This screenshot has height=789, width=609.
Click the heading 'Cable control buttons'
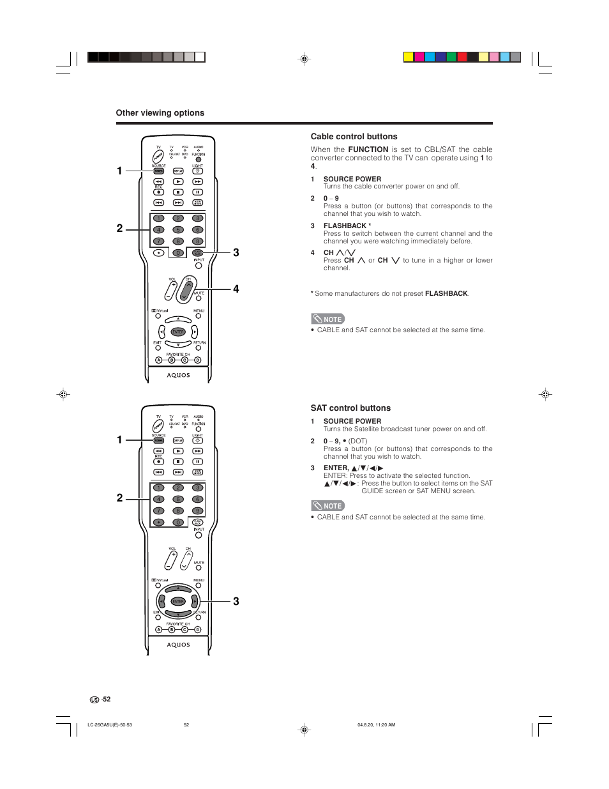(x=354, y=137)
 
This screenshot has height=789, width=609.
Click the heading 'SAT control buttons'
(x=350, y=408)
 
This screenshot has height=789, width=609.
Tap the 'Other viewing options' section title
(x=160, y=113)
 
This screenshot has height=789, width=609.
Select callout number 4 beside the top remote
(x=236, y=289)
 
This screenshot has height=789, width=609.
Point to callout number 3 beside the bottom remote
(x=236, y=602)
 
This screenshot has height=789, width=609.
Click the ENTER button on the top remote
(x=178, y=332)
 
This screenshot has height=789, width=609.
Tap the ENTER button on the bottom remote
(x=178, y=602)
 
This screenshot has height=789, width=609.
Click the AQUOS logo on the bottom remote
(x=179, y=645)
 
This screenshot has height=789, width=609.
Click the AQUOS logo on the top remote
(x=179, y=376)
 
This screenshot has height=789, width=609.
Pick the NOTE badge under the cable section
(x=328, y=319)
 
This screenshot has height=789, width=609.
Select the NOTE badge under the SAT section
(x=328, y=506)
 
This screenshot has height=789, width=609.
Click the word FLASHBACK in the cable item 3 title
(x=345, y=226)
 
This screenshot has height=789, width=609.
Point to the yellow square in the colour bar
(x=409, y=57)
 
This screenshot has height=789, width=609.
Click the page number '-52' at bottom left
(x=106, y=700)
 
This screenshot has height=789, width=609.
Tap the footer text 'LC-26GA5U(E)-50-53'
(x=110, y=725)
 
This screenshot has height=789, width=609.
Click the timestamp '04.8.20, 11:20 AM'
(x=376, y=725)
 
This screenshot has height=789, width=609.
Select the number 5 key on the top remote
(x=178, y=230)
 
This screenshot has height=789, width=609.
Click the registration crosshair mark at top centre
(x=304, y=59)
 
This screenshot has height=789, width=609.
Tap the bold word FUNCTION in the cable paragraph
(x=368, y=149)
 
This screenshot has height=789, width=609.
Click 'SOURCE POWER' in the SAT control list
(x=352, y=422)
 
